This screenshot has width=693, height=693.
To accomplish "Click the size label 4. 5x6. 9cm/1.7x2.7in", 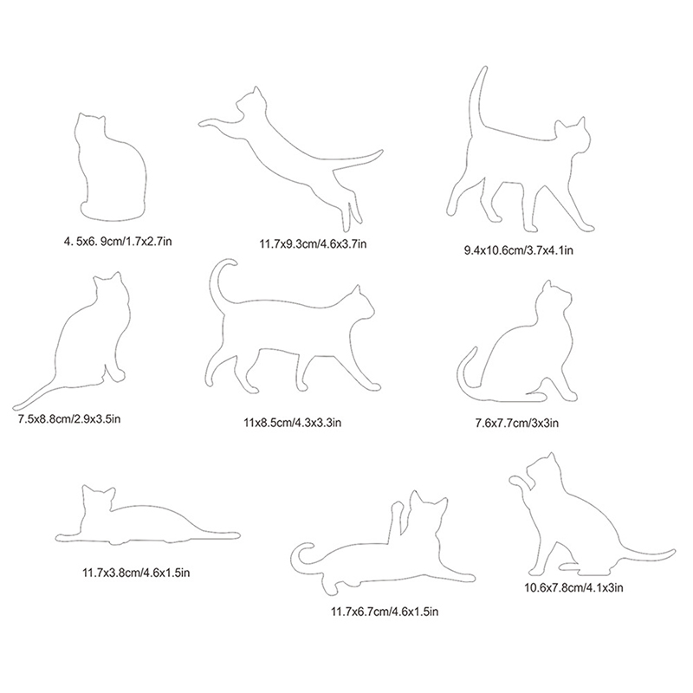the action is click(118, 242).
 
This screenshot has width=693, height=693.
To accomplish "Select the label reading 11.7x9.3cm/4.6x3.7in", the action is click(313, 243).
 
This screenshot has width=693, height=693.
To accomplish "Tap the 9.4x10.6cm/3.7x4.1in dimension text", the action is click(518, 250).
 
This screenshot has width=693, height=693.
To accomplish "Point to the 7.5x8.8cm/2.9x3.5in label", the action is click(69, 418).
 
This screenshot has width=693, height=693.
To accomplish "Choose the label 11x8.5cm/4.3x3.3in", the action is click(292, 423).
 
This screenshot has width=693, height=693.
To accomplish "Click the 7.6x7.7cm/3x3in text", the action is click(516, 424).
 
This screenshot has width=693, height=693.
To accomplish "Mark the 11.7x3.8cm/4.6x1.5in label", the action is click(136, 573).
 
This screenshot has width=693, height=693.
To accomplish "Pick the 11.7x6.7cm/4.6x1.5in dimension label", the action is click(385, 612).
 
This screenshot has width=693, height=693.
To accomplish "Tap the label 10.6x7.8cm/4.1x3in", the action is click(573, 588).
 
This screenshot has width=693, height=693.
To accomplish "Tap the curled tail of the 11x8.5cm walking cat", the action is click(213, 283).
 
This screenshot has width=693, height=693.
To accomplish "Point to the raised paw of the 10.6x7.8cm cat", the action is click(518, 482).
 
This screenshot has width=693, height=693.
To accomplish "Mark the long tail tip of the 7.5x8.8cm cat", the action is click(17, 406).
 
